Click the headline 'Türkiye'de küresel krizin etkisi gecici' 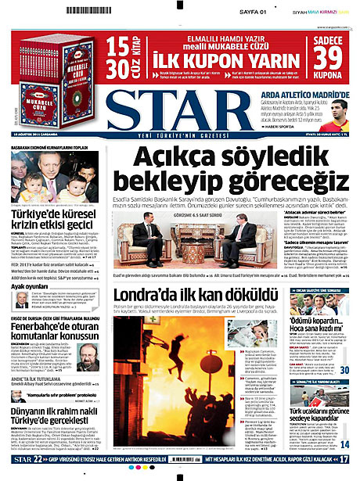55,218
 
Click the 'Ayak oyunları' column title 33,286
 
